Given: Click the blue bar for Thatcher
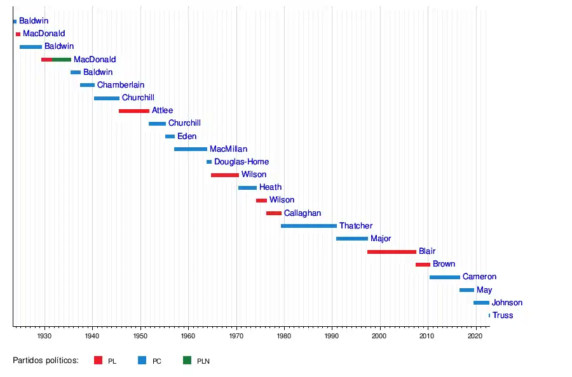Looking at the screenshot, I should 309,226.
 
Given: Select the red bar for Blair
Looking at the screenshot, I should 392,252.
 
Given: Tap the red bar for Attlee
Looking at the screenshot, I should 133,111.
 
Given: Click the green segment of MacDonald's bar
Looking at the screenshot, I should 62,60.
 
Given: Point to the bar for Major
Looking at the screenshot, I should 352,239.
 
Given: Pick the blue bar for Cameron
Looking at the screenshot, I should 445,277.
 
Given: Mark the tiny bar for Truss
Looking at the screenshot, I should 489,315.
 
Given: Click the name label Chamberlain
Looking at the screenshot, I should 121,85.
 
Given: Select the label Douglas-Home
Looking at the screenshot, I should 242,162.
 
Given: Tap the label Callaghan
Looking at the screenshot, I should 303,213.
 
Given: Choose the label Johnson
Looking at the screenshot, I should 507,303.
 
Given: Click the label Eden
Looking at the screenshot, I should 187,136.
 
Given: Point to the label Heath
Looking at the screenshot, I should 270,187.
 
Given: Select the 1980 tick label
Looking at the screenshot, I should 284,334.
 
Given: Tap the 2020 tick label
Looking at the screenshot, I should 475,334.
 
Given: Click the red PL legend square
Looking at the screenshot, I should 98,360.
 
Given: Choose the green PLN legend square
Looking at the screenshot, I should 187,360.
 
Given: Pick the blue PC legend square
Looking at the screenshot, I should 142,360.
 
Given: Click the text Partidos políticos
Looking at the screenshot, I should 46,360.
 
